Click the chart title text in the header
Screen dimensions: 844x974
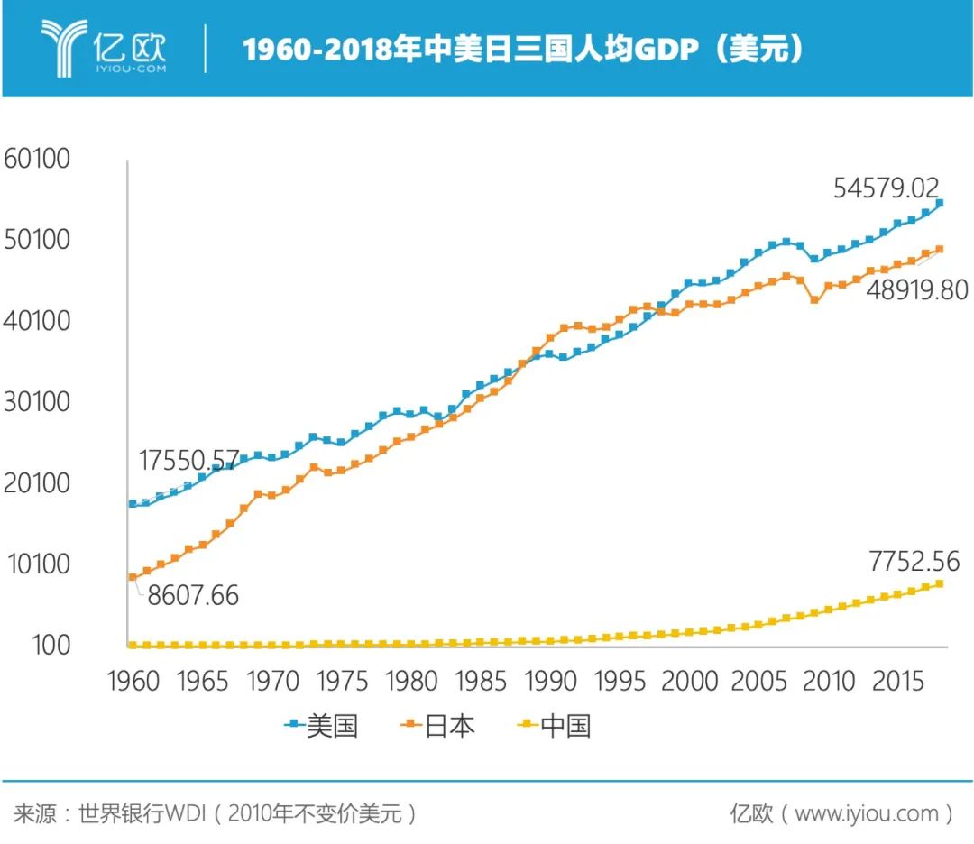coord(523,50)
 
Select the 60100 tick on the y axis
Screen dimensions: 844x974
coord(37,159)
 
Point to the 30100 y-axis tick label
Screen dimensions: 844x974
coord(37,402)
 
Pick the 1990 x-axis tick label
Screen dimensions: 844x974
coord(550,682)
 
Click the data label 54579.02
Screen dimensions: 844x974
coord(886,188)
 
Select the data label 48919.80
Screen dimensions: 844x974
coord(916,290)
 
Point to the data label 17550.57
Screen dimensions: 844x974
coord(189,461)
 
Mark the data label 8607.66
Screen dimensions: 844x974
coord(188,595)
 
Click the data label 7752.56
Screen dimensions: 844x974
coord(914,562)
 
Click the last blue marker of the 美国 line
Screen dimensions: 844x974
coord(939,204)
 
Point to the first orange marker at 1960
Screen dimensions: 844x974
coord(133,577)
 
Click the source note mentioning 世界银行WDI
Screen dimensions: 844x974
coord(216,814)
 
